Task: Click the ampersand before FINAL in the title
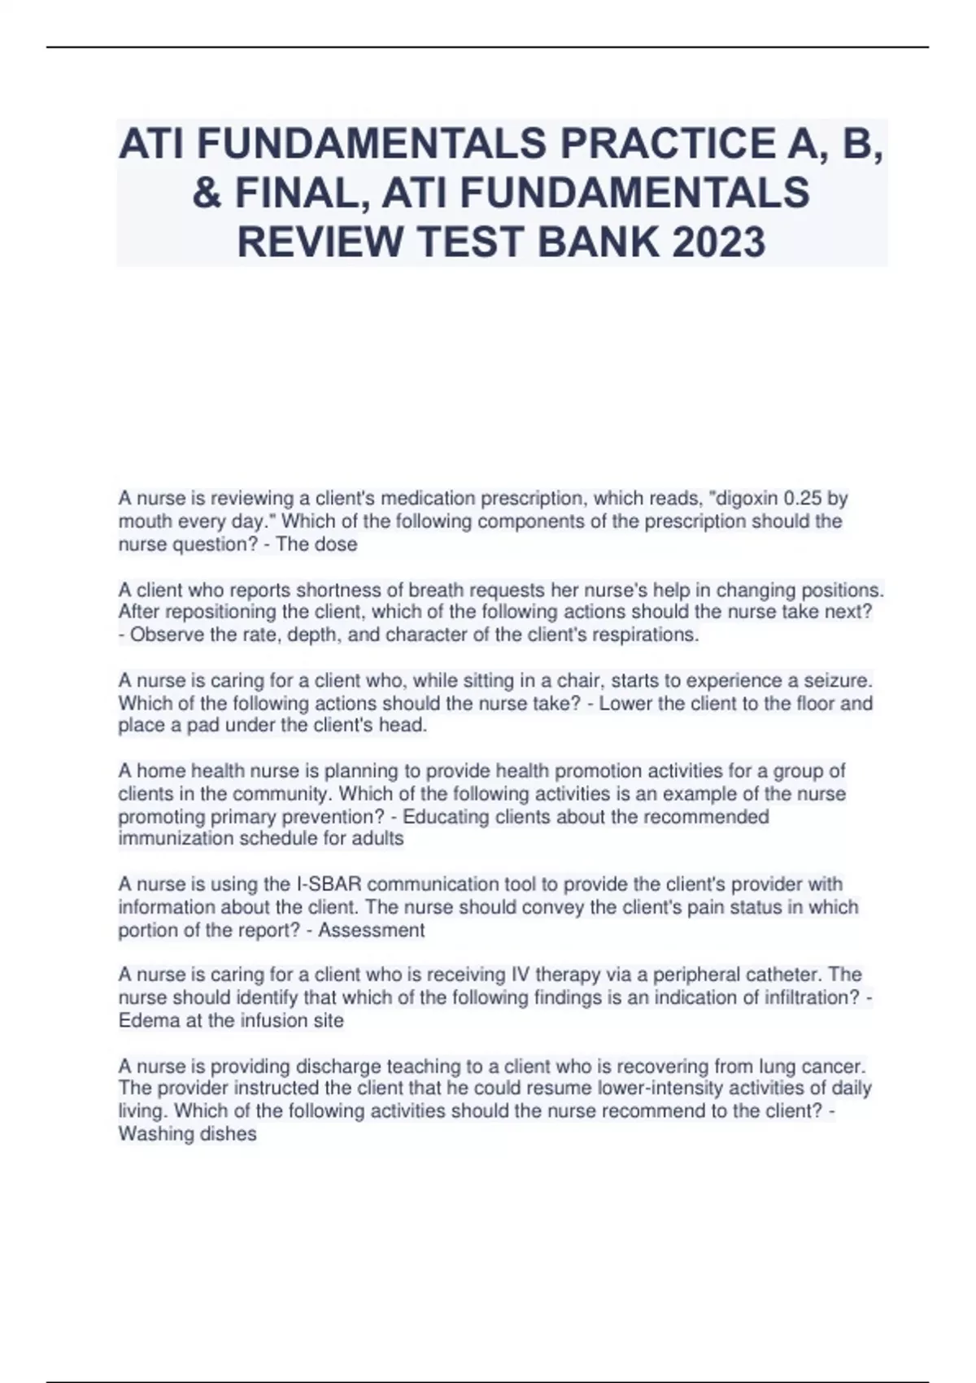click(207, 194)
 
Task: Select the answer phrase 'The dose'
click(316, 544)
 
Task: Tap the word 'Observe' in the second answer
click(167, 635)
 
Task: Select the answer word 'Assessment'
click(371, 930)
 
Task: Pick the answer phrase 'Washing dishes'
click(187, 1134)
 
